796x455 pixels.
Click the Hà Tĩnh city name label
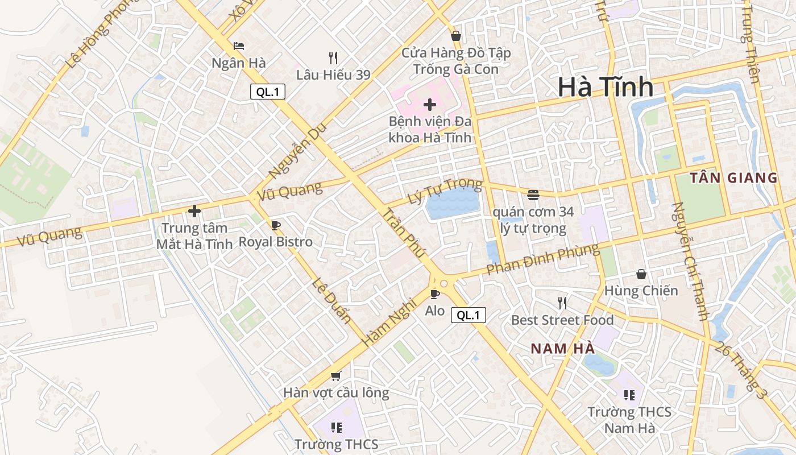(x=605, y=87)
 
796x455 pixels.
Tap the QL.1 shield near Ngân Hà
(x=267, y=92)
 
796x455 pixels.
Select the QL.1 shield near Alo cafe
(x=468, y=315)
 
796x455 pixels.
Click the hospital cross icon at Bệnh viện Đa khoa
(x=430, y=105)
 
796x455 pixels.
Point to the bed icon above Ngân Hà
(x=239, y=46)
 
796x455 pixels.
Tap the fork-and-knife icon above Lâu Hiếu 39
(x=333, y=57)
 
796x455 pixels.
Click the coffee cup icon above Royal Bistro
(x=276, y=226)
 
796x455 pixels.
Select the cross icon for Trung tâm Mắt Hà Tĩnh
(x=194, y=211)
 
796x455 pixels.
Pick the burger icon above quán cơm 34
(x=533, y=195)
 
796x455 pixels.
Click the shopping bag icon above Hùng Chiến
(x=641, y=274)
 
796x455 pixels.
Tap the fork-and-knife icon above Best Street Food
(x=562, y=303)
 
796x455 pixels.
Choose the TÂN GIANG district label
(x=733, y=178)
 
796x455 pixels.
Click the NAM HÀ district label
(x=562, y=349)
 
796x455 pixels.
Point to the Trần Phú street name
(x=403, y=234)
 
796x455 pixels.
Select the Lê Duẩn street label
(x=331, y=300)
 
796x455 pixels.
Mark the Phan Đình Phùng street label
(x=542, y=259)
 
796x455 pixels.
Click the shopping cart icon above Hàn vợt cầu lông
(x=335, y=376)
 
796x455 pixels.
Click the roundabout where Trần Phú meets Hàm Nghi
(x=443, y=283)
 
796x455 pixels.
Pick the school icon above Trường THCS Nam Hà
(x=629, y=395)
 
